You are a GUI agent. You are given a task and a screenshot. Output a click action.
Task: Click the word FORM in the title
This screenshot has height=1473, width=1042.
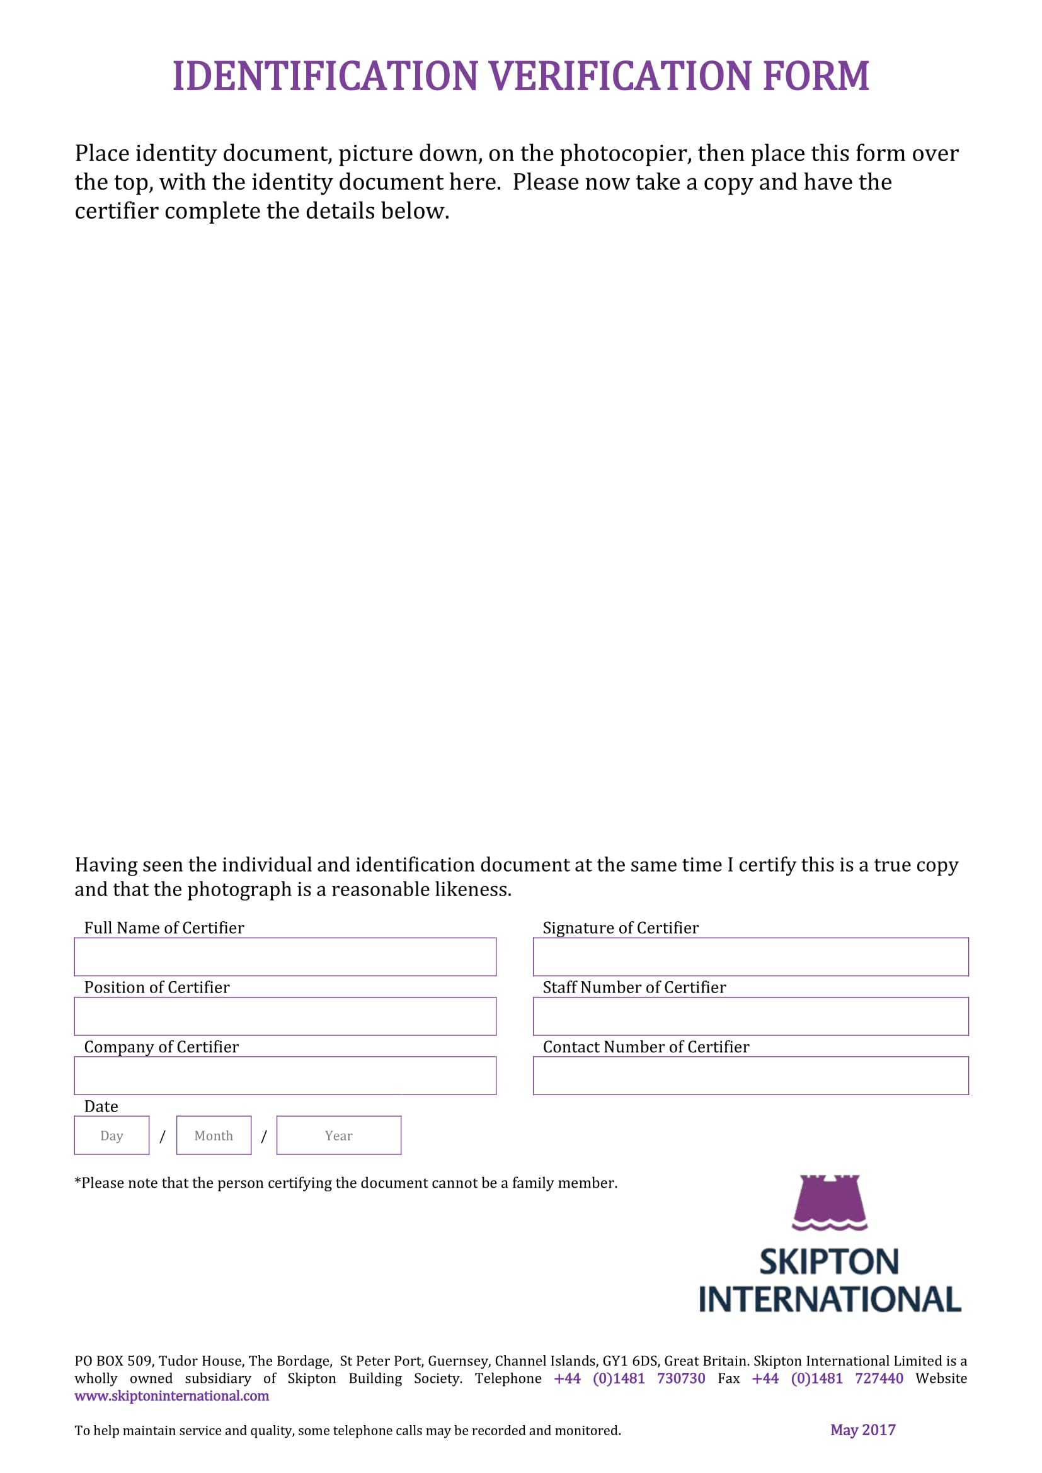(x=816, y=76)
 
